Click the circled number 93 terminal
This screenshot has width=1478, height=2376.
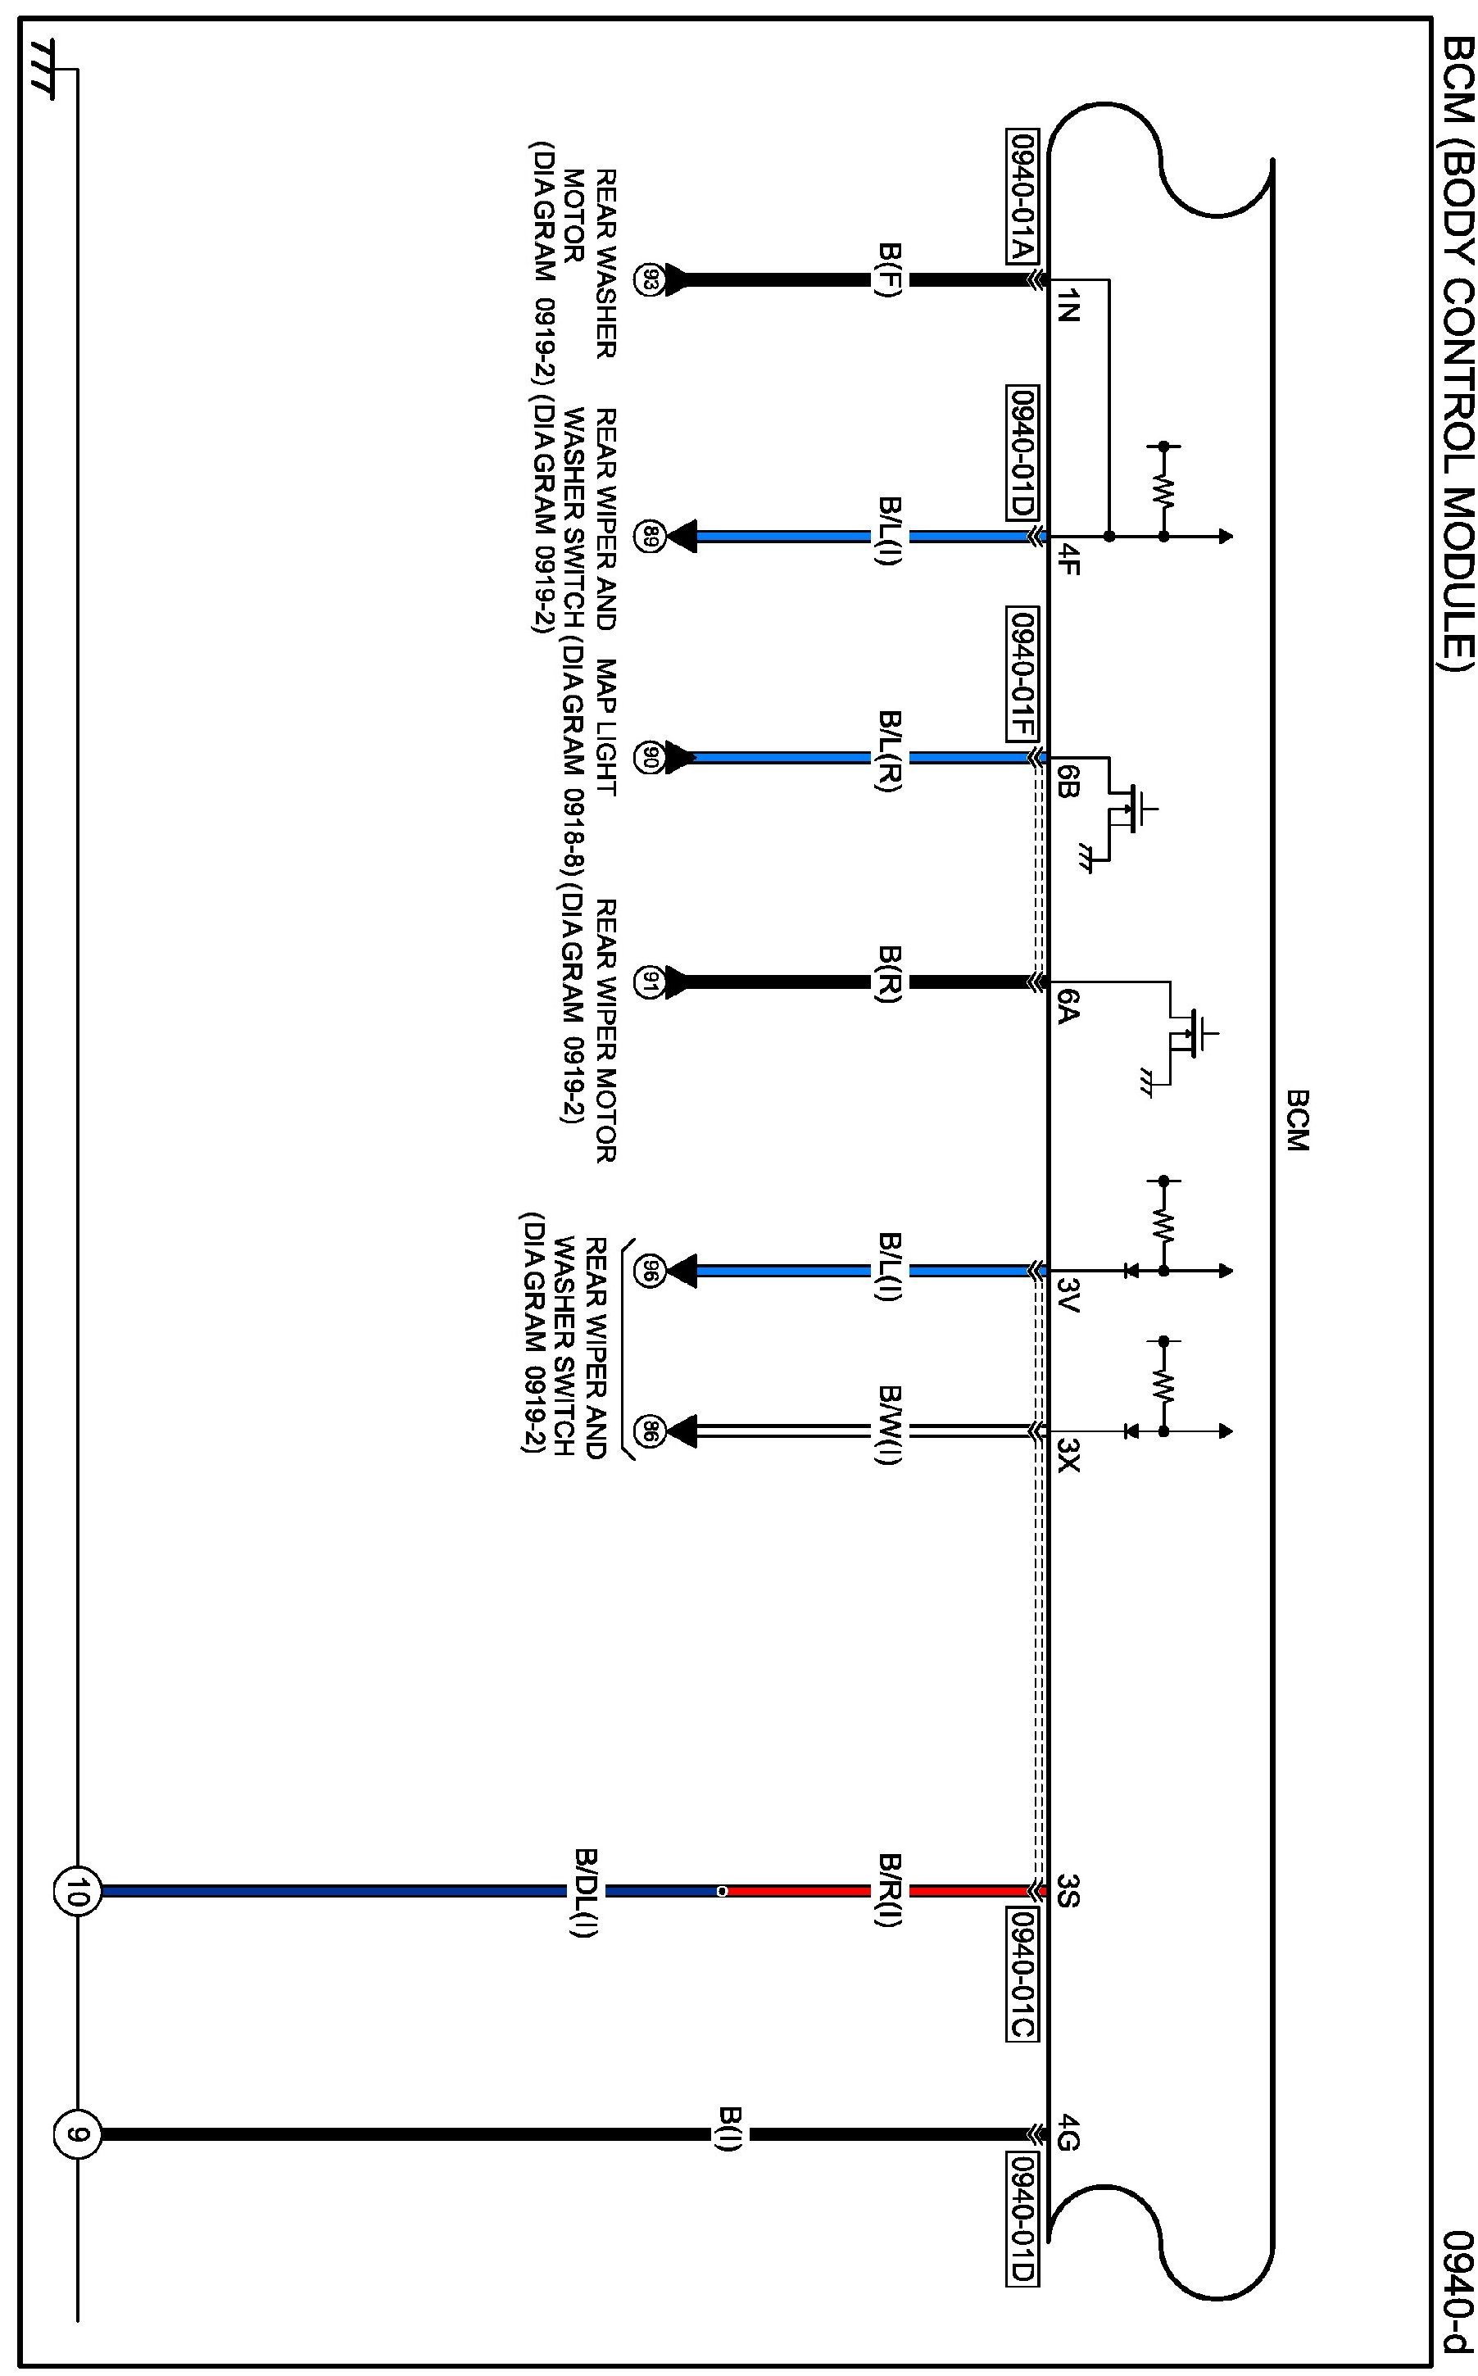(648, 279)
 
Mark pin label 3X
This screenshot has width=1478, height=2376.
(1068, 1463)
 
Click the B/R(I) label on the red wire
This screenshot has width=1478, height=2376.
(891, 1890)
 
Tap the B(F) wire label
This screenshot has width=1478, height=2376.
(891, 279)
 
